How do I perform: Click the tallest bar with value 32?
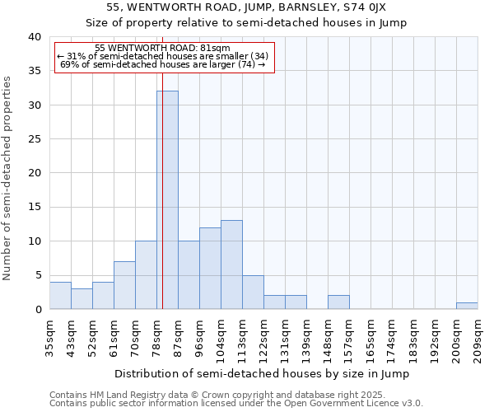point(167,200)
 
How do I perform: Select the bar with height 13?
point(231,265)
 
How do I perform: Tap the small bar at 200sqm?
point(467,306)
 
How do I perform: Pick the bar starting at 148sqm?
point(338,302)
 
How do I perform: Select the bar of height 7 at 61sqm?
point(124,285)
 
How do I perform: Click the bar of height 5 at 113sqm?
point(253,292)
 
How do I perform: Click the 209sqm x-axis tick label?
point(478,337)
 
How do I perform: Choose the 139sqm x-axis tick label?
point(306,337)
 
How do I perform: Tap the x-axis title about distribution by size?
point(262,373)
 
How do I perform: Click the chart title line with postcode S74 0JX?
point(246,7)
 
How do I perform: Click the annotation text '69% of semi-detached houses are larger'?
point(163,64)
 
